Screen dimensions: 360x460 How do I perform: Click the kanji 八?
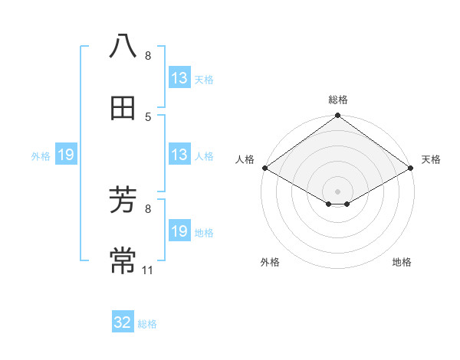click(x=123, y=46)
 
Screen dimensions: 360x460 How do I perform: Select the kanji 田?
click(x=123, y=110)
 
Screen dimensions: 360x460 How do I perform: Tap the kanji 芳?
click(x=123, y=201)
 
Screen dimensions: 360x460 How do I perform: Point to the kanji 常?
click(x=123, y=261)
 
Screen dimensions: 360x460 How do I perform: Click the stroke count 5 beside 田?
click(x=148, y=116)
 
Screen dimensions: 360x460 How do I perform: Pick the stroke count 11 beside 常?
click(x=148, y=270)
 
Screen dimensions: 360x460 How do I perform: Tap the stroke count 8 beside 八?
click(x=148, y=56)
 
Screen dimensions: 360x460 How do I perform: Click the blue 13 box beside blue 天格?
click(x=179, y=78)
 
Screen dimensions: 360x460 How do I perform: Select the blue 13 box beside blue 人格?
click(x=179, y=155)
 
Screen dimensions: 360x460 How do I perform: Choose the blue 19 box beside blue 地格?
click(x=179, y=231)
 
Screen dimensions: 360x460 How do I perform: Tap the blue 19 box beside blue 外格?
click(x=66, y=155)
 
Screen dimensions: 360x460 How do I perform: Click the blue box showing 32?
click(x=123, y=322)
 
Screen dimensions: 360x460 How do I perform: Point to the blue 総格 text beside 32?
click(x=147, y=324)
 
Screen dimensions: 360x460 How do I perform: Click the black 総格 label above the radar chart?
click(x=338, y=100)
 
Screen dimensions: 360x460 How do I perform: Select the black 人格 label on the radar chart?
click(x=245, y=159)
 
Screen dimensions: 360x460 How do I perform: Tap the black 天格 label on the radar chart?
click(x=431, y=159)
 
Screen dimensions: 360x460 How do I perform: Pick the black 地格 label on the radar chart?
click(x=402, y=262)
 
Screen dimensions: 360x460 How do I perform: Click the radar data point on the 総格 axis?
click(x=338, y=116)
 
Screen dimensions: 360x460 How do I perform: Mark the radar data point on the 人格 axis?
click(x=264, y=168)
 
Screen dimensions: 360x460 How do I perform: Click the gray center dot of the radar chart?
click(x=338, y=191)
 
